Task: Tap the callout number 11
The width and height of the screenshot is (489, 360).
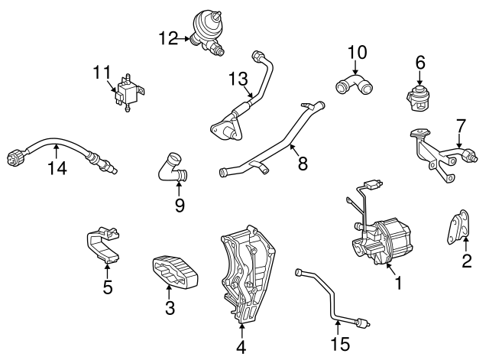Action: (102, 73)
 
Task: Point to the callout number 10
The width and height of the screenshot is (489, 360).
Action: (357, 53)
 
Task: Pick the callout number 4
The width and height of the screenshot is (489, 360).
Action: (241, 347)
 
